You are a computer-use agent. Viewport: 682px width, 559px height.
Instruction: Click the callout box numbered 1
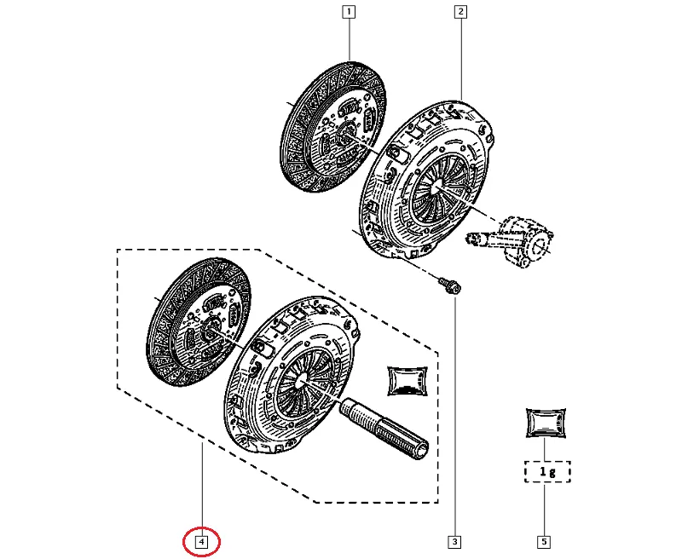pos(349,12)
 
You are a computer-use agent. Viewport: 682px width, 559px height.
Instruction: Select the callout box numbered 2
pos(460,12)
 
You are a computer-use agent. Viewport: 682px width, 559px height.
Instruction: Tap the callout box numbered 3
pos(455,542)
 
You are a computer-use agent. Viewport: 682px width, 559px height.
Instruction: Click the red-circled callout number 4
pos(201,542)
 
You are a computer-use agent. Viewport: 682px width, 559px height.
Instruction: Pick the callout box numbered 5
pos(544,542)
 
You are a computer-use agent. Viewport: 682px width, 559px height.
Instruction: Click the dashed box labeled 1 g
pos(547,471)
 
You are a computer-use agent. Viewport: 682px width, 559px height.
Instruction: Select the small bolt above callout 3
pos(450,285)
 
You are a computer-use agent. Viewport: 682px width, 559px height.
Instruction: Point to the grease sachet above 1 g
pos(546,423)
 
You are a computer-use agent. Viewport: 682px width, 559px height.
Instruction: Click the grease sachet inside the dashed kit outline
pos(407,381)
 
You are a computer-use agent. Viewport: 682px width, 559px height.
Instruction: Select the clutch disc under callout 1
pos(333,128)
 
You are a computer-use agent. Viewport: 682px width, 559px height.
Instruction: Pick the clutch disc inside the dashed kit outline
pos(199,323)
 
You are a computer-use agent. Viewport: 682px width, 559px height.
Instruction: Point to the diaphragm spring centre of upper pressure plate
pos(438,186)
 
